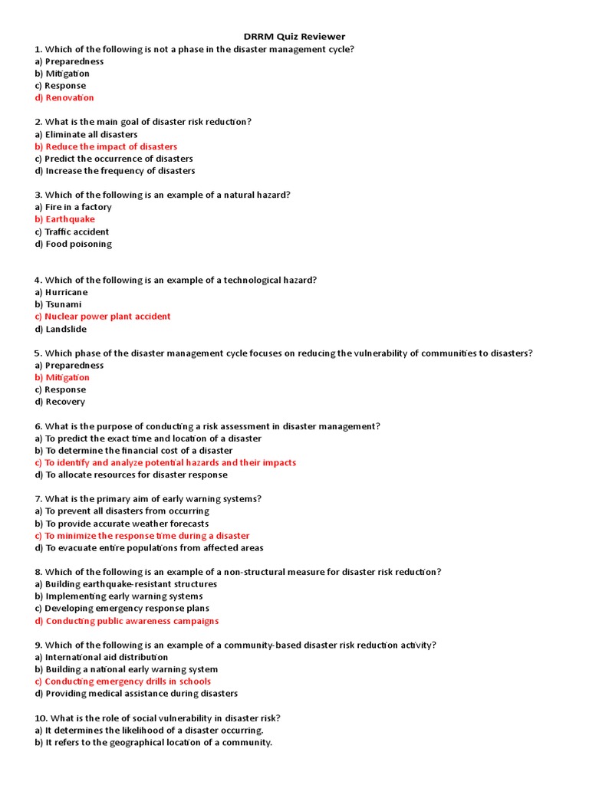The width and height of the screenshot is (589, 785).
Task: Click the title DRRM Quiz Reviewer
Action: point(294,37)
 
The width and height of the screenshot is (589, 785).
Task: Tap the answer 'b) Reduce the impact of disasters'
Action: point(106,146)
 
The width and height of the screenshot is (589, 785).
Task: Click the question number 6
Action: point(38,426)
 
